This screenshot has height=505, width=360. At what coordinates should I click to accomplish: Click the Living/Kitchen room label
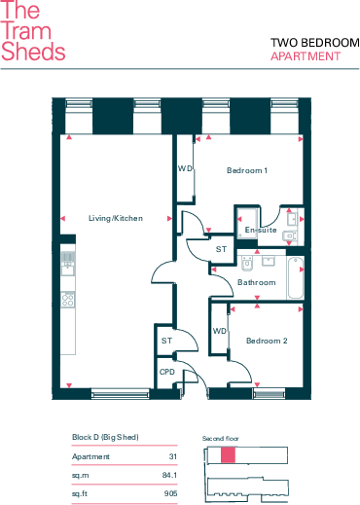coord(116,218)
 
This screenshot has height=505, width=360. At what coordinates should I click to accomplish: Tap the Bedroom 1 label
coord(247,170)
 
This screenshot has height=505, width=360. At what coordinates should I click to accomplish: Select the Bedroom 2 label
coord(267,341)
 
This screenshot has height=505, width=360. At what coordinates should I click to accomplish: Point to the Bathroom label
coord(257,282)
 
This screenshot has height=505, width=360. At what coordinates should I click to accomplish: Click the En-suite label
coord(261,230)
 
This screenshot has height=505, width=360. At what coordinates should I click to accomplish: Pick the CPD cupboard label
coord(167,372)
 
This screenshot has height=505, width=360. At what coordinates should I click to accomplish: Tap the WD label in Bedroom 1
coord(185,168)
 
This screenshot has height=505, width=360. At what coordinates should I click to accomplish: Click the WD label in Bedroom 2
coord(220,331)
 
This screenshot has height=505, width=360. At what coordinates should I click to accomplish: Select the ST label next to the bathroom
coord(221,249)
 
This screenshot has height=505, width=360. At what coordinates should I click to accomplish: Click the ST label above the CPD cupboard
coord(166,341)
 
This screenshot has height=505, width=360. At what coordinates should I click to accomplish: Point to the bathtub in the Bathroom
coord(295,277)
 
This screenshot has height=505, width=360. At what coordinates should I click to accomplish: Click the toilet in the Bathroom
coord(247,263)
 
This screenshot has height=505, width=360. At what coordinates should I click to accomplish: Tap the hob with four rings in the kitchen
coord(68,300)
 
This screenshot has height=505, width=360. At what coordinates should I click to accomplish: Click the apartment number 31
coord(173,456)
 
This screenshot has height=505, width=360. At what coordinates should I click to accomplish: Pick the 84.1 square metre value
coord(169,475)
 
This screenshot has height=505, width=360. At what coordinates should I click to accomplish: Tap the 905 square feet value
coord(170,493)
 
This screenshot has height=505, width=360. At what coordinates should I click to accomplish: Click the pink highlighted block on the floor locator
coord(228,454)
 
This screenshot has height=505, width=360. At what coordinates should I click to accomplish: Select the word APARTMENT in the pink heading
coord(306,56)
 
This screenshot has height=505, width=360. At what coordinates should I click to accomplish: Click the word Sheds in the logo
coord(33,52)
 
